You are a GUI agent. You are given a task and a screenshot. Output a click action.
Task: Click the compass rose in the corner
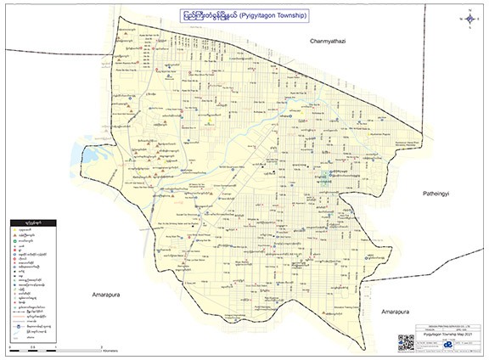tap(469, 16)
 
